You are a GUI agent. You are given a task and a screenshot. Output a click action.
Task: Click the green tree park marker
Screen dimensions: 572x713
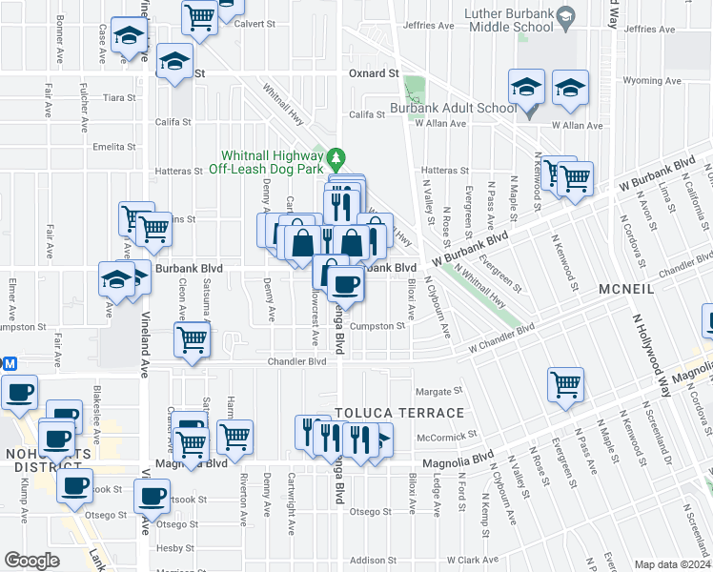[x=336, y=156]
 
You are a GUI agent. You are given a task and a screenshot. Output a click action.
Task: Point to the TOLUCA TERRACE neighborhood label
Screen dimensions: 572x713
[x=400, y=413]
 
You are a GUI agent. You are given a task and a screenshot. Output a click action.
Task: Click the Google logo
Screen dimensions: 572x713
[x=31, y=561]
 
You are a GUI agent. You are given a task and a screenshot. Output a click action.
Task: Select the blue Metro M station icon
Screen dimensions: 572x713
[x=10, y=363]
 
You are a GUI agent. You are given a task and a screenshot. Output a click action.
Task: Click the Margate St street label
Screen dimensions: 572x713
[x=438, y=391]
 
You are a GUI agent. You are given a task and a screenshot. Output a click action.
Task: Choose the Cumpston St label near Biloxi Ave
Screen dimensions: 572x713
[x=377, y=326]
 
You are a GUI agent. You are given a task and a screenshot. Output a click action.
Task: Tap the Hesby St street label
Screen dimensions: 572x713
[x=175, y=548]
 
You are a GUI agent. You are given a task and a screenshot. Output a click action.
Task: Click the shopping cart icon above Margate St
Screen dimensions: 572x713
[x=565, y=384]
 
